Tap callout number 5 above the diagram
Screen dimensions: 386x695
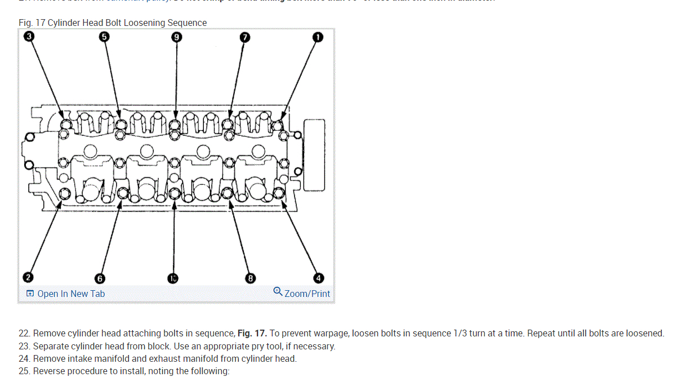104,37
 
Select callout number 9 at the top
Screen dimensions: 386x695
177,37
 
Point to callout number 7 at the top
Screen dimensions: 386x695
244,37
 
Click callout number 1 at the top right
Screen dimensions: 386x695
318,37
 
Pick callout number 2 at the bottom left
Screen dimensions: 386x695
28,277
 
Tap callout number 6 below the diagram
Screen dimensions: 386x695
100,278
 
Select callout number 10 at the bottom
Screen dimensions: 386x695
173,278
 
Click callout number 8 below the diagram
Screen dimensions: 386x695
251,278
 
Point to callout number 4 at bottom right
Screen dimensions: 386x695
318,278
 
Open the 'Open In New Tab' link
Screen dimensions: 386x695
70,294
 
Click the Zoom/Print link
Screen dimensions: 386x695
307,294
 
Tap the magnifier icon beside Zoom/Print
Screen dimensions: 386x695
278,291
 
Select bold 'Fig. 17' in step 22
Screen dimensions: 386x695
252,333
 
